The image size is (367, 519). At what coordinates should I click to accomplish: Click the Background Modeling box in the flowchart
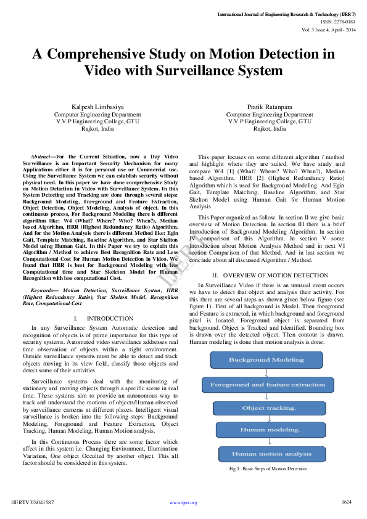[x=266, y=360]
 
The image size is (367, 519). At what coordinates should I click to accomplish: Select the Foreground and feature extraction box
[x=267, y=385]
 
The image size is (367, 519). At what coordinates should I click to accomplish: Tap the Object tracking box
[x=268, y=408]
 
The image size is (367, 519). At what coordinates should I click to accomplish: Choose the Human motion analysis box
[x=271, y=454]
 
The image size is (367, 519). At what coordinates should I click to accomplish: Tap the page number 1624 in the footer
[x=347, y=502]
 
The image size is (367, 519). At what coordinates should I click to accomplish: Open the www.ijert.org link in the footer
[x=183, y=502]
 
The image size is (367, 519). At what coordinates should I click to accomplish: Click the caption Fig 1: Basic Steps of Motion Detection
[x=268, y=469]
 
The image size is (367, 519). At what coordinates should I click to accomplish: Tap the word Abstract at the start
[x=40, y=158]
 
